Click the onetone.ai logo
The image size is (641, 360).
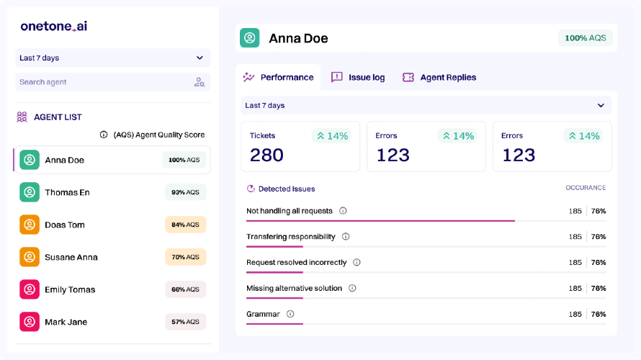pos(54,26)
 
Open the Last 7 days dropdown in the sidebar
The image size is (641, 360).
pos(113,58)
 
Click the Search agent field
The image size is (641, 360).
pos(113,82)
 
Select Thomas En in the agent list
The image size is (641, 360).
pos(67,192)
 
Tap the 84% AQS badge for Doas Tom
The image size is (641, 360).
pos(186,225)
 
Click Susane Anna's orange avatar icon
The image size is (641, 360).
pos(30,257)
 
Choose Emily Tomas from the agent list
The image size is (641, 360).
pos(70,289)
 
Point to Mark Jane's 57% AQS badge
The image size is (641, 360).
pos(186,322)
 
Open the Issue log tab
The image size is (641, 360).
pos(358,77)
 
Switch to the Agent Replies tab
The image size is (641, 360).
pos(439,77)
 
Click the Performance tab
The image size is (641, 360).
pos(278,77)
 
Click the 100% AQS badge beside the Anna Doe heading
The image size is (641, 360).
pos(586,38)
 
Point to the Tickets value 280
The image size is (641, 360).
pos(266,156)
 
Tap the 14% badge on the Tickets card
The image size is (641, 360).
pos(331,136)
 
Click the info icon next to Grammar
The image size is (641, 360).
pos(290,314)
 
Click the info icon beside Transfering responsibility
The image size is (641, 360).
pos(346,237)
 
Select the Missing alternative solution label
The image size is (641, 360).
pos(295,289)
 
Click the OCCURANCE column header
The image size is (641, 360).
pos(586,187)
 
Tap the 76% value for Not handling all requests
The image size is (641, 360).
pos(599,211)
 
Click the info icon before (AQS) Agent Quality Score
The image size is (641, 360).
pos(104,135)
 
